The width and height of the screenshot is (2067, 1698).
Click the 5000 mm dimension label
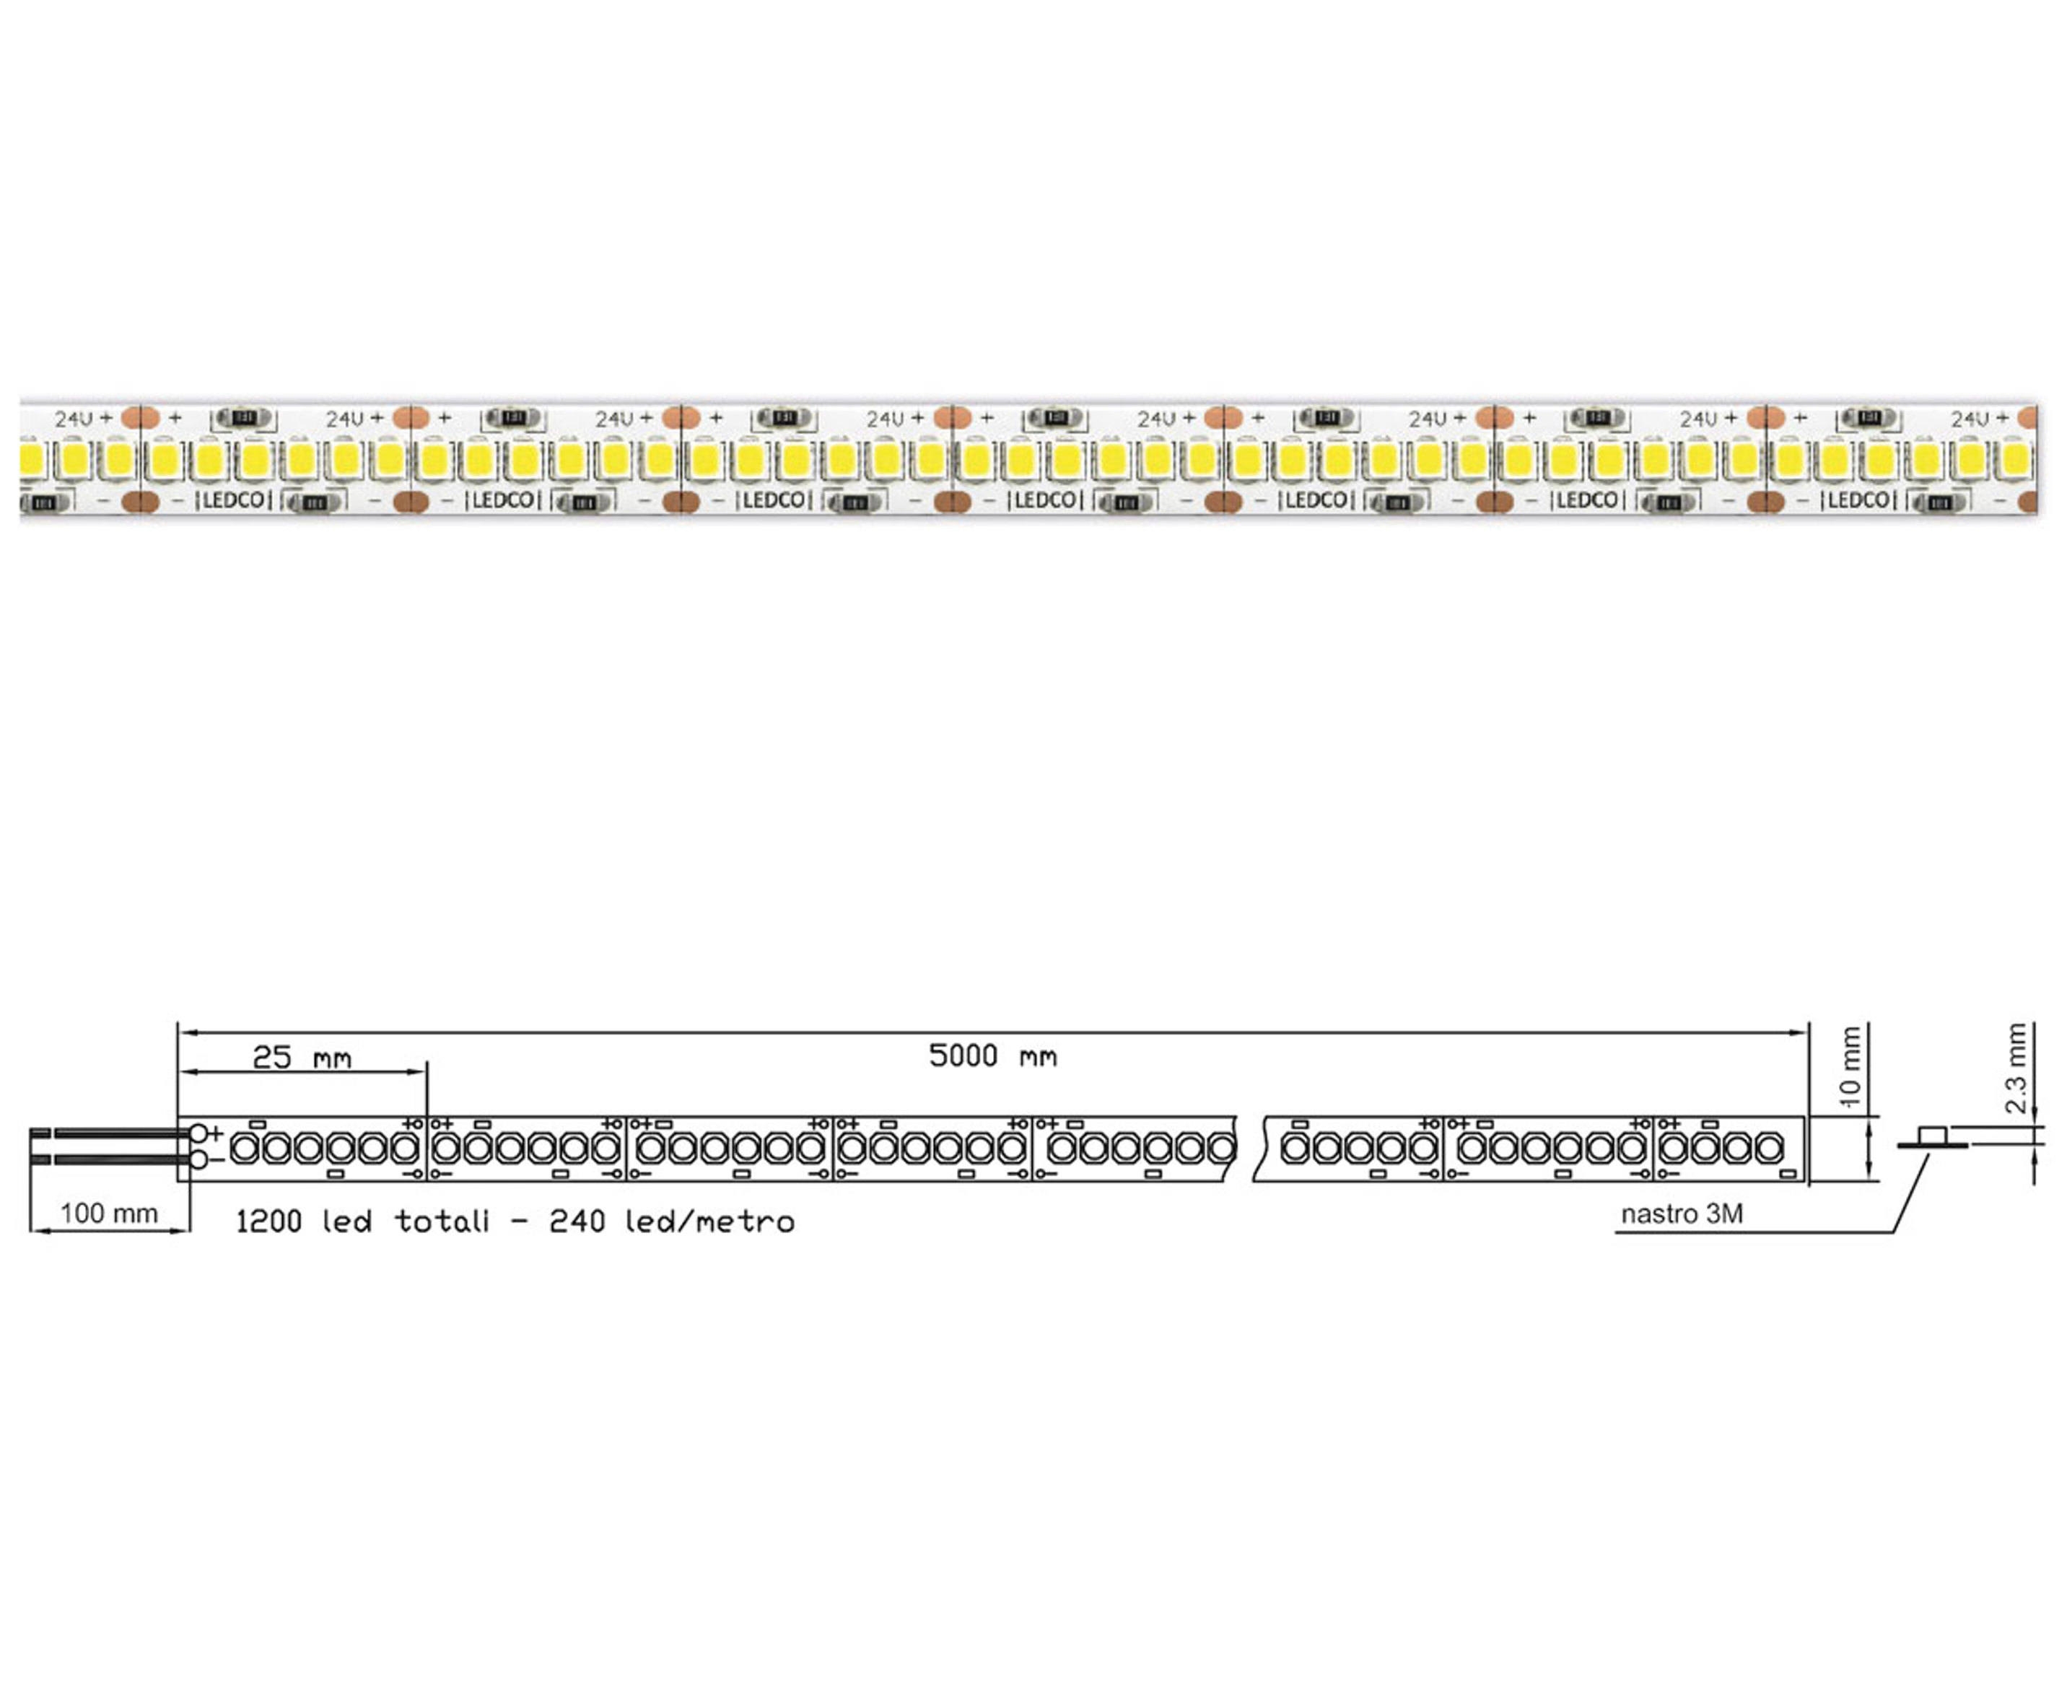pyautogui.click(x=992, y=1056)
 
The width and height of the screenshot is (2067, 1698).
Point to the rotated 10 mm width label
pyautogui.click(x=1850, y=1067)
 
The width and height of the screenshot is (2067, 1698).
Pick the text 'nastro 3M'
pyautogui.click(x=1682, y=1214)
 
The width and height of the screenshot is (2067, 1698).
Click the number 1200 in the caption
pyautogui.click(x=269, y=1222)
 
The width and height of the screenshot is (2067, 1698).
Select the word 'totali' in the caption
pyautogui.click(x=442, y=1222)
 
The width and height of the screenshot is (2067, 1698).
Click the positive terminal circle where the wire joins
pyautogui.click(x=198, y=1133)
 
